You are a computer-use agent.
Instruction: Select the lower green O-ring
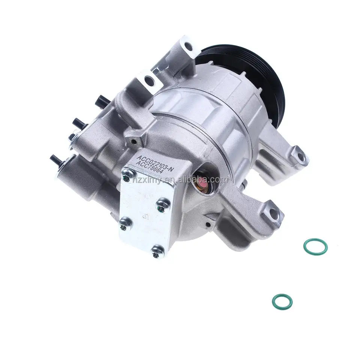pos(282,300)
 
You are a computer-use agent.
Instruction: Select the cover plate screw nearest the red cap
pos(162,204)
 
